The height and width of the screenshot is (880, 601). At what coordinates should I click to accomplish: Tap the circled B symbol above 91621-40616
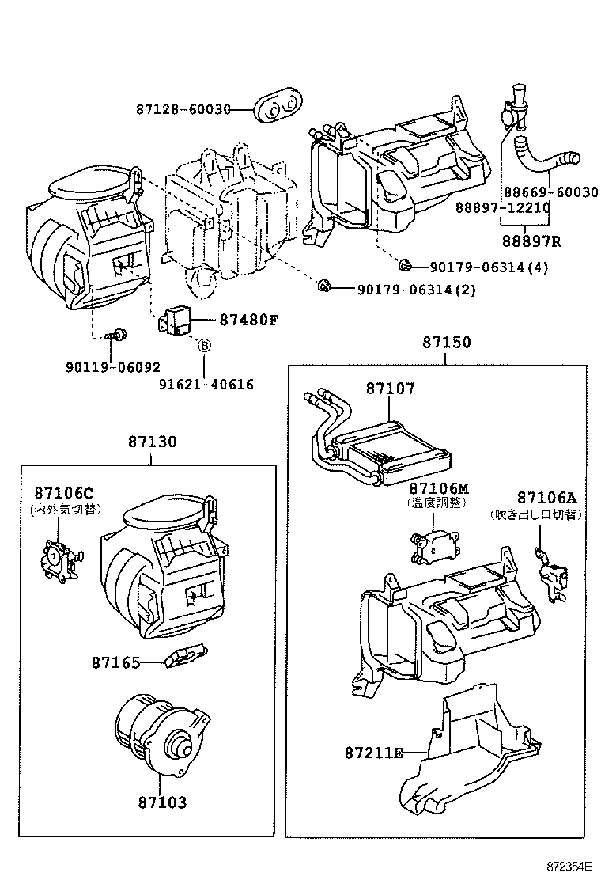(202, 346)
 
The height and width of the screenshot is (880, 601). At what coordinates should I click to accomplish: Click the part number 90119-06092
(112, 367)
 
